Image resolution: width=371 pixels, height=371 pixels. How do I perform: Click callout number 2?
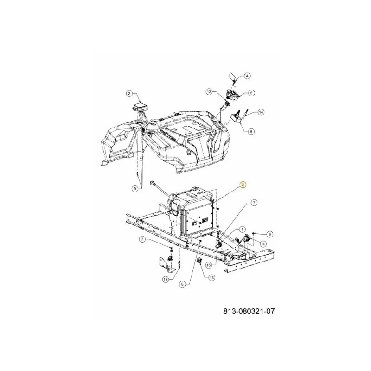(129, 94)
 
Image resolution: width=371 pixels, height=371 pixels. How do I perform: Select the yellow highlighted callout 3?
(243, 185)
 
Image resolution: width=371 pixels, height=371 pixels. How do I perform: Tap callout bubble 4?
(247, 76)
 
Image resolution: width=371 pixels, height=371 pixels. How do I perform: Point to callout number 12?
(209, 91)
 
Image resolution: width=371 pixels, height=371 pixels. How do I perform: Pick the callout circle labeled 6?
(251, 93)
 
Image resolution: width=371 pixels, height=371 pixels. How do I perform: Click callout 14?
(261, 112)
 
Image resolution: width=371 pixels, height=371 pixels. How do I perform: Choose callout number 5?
(251, 131)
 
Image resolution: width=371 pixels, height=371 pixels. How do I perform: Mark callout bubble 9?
(134, 189)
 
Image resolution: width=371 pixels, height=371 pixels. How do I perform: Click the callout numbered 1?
(242, 229)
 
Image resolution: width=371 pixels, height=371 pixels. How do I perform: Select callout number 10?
(263, 244)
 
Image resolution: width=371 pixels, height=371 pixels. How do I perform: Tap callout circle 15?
(208, 265)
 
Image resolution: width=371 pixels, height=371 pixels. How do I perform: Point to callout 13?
(211, 277)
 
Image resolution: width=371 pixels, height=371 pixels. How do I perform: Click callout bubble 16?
(166, 280)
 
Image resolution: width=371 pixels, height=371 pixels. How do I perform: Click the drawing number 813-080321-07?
(249, 311)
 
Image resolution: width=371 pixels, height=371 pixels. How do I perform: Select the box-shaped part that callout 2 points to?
(141, 107)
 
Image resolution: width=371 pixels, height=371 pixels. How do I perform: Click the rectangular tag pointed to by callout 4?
(231, 77)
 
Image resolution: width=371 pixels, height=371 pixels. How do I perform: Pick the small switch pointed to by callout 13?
(199, 261)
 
